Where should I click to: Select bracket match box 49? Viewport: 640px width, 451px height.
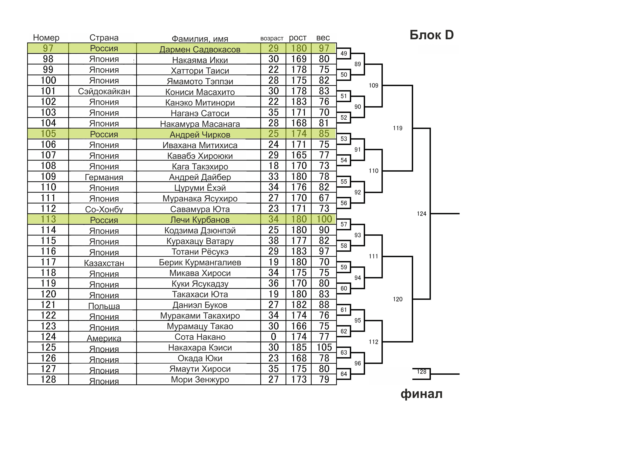click(x=344, y=53)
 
